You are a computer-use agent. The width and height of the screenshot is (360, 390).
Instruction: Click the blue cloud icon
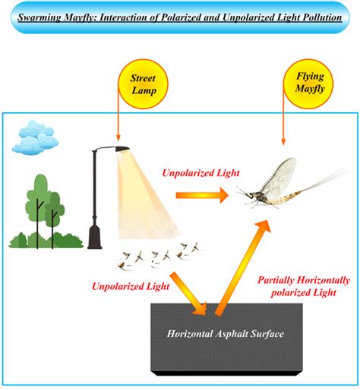point(37,137)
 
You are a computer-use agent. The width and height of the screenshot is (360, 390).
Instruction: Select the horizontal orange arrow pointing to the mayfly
point(201,195)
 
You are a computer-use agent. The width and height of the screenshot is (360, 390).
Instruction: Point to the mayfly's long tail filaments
point(327,181)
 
